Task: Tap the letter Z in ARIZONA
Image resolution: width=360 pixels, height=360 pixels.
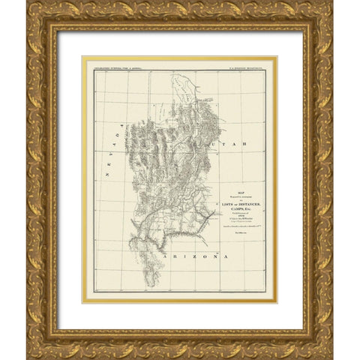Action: point(185,257)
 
